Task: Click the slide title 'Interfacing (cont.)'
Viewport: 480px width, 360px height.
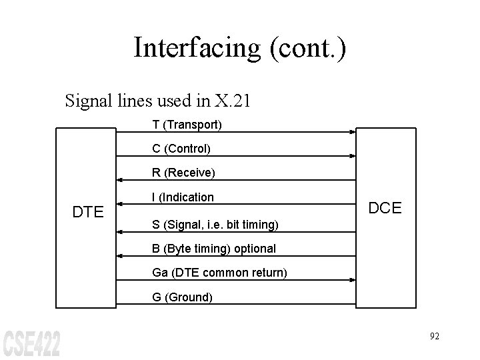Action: point(240,48)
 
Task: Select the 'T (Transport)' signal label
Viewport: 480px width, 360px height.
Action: point(187,125)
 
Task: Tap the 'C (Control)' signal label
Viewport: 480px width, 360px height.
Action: point(181,148)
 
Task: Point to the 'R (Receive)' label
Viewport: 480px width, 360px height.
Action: point(183,173)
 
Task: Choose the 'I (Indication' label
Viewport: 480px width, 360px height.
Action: point(183,197)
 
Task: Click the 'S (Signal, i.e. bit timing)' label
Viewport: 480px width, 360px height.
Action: point(215,224)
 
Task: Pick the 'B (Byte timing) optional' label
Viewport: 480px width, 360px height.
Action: point(213,249)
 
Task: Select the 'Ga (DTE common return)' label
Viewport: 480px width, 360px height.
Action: point(219,273)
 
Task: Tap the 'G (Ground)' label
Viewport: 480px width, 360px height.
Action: point(182,297)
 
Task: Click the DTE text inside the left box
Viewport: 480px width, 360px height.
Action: point(87,213)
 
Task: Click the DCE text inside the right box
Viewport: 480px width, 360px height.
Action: point(385,208)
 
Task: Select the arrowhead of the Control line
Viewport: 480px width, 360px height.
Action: point(352,157)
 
